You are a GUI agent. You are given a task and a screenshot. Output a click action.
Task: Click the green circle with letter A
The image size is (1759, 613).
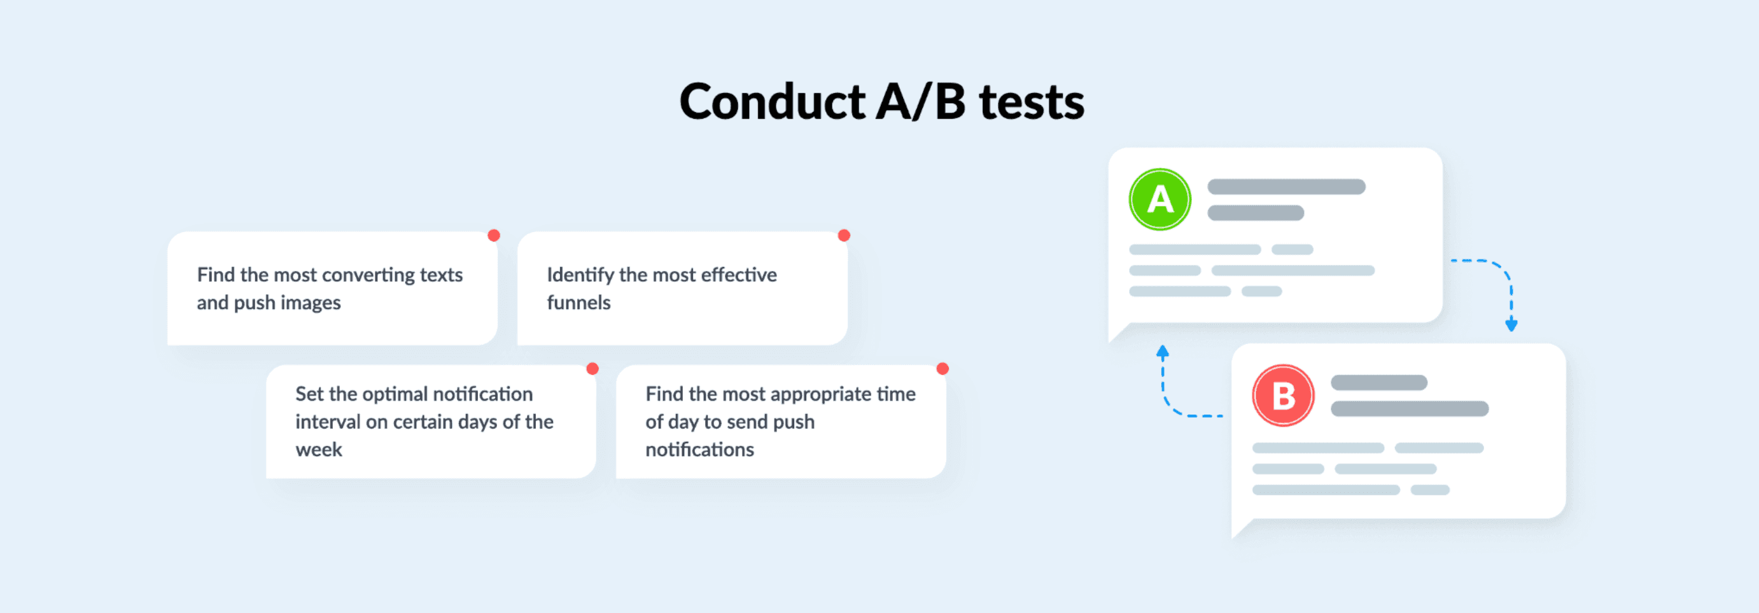coord(1160,199)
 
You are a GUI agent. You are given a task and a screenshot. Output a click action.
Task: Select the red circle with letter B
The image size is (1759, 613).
coord(1283,396)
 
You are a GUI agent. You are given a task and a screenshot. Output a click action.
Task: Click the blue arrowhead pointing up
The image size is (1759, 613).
coord(1162,352)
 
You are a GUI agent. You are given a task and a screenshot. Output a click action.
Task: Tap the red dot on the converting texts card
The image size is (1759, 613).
coord(494,235)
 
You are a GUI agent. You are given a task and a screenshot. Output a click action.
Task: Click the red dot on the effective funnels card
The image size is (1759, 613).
coord(844,235)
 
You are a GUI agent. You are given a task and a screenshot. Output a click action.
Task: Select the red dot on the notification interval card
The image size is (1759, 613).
coord(592,369)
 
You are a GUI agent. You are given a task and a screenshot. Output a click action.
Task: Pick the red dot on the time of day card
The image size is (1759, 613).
coord(943,369)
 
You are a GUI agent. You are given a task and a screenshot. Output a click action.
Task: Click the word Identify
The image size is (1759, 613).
coord(580,275)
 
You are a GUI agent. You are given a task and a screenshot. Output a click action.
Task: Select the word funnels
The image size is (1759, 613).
coord(579,303)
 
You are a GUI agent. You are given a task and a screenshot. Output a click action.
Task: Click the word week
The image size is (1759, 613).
coord(319,450)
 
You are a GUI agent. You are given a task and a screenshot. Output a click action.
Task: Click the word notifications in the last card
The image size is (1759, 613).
coord(700,450)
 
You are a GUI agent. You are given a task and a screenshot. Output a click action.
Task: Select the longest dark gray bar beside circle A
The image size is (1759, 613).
coord(1286,187)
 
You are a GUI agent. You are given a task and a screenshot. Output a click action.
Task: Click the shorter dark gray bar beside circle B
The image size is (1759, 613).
coord(1378,382)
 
